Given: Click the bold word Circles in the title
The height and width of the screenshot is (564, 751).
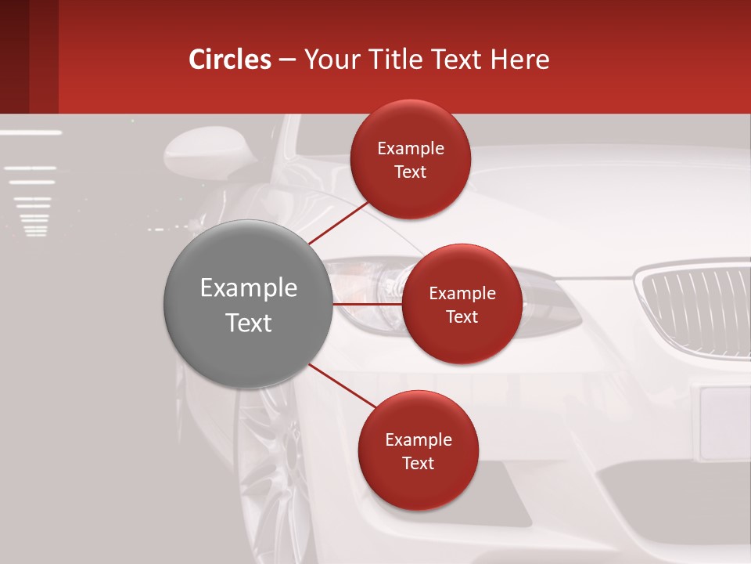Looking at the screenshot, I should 230,60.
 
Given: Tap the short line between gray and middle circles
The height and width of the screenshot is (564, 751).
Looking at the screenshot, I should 367,304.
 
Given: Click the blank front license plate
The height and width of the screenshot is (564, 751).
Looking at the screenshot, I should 724,423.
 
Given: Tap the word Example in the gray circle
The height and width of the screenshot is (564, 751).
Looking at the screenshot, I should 248,288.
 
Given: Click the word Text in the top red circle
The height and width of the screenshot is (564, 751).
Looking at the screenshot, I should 410,172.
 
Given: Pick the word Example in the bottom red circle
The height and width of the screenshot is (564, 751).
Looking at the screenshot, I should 418,440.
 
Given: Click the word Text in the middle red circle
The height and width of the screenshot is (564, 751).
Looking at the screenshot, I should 462,317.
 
